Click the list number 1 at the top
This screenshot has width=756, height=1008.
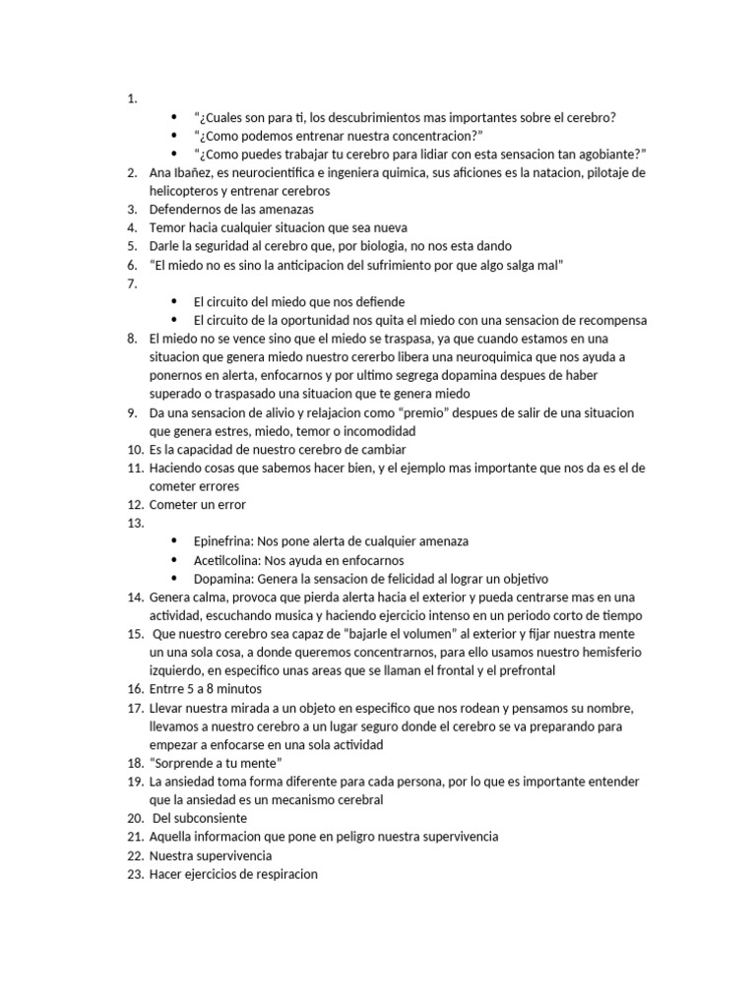pyautogui.click(x=131, y=98)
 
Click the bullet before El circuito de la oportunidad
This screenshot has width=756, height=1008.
pyautogui.click(x=174, y=321)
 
